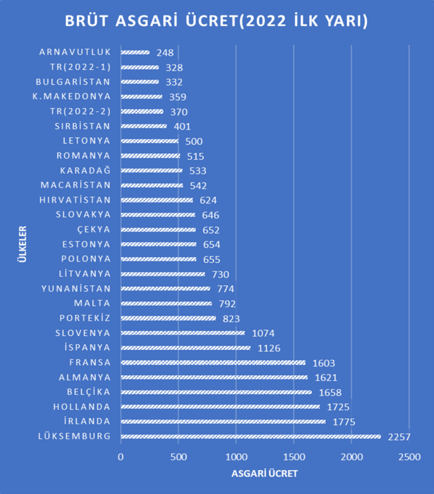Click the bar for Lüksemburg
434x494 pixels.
click(250, 436)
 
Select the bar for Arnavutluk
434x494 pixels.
click(135, 53)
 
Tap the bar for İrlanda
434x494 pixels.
click(223, 422)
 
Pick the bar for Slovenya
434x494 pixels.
click(183, 333)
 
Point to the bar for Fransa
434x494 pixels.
click(213, 363)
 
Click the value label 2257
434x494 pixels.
click(399, 437)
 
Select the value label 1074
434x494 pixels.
click(263, 333)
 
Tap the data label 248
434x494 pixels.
click(165, 53)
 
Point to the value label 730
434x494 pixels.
click(220, 274)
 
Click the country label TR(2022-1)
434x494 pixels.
click(80, 67)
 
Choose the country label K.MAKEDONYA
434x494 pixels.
click(72, 96)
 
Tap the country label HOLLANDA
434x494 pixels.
click(82, 406)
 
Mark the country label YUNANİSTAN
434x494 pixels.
click(76, 288)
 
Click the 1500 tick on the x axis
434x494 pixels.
click(294, 457)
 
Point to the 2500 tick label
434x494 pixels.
click(409, 457)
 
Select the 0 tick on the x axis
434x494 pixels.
click(120, 457)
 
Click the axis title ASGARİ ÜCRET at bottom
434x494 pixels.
click(264, 474)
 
